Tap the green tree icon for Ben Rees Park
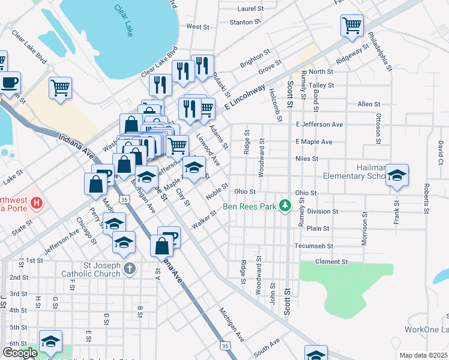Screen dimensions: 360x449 click(286, 206)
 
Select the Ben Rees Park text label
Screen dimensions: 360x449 click(249, 207)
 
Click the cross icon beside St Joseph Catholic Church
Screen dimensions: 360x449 click(130, 269)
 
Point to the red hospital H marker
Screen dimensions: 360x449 click(37, 203)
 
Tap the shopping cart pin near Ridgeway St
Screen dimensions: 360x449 click(352, 25)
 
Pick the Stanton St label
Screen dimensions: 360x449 click(246, 22)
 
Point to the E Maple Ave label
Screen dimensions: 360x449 click(314, 142)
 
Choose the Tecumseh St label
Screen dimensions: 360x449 click(313, 246)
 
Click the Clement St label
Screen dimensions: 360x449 click(331, 262)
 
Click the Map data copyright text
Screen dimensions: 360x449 click(423, 355)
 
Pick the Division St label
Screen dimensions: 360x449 click(322, 212)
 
